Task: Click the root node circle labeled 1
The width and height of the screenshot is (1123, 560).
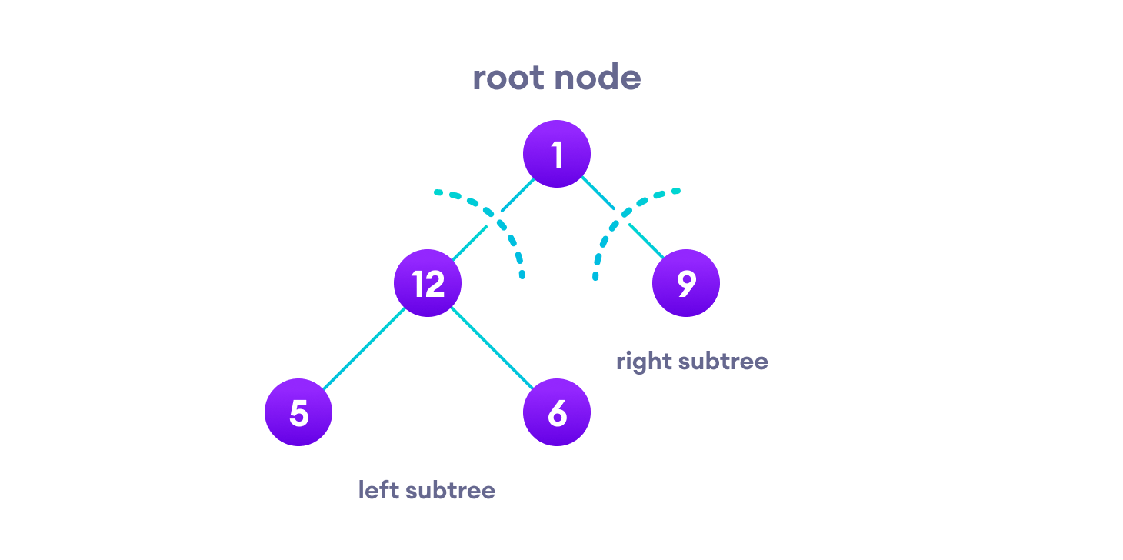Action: tap(557, 154)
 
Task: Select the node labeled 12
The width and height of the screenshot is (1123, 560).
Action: tap(428, 283)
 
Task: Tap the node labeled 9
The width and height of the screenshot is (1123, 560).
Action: tap(686, 283)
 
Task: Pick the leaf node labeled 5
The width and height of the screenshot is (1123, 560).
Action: tap(298, 412)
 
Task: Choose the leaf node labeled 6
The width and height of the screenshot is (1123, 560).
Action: tap(557, 412)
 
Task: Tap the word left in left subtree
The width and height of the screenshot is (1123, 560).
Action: tap(378, 490)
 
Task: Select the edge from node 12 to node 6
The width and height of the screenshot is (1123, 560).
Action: tap(492, 348)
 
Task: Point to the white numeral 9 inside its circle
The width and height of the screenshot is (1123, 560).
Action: tap(686, 283)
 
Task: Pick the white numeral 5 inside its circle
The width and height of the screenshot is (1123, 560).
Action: tap(298, 413)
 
